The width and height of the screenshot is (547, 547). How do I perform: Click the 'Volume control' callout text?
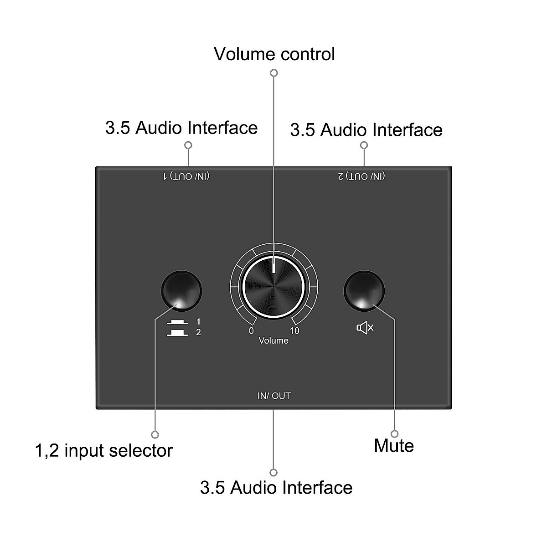pyautogui.click(x=274, y=54)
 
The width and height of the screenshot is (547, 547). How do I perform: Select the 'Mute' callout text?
pyautogui.click(x=394, y=445)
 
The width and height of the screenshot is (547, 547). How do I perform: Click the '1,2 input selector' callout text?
pyautogui.click(x=104, y=450)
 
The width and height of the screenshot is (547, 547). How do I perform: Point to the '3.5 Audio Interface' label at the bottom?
pyautogui.click(x=276, y=487)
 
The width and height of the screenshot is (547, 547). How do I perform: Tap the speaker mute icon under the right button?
pyautogui.click(x=365, y=327)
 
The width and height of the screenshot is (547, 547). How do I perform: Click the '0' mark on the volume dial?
pyautogui.click(x=251, y=330)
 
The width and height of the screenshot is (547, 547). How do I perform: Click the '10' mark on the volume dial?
pyautogui.click(x=294, y=330)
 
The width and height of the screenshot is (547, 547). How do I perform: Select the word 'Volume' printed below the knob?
pyautogui.click(x=273, y=341)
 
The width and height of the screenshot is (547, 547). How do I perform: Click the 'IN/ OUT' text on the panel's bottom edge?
pyautogui.click(x=274, y=396)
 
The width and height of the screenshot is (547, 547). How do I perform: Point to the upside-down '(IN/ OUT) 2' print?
pyautogui.click(x=361, y=176)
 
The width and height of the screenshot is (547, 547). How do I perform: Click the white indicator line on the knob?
pyautogui.click(x=273, y=265)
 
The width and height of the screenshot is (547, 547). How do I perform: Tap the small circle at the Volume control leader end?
pyautogui.click(x=274, y=73)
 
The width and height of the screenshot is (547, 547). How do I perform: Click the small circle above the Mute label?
pyautogui.click(x=394, y=433)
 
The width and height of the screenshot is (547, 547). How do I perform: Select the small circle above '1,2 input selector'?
pyautogui.click(x=155, y=434)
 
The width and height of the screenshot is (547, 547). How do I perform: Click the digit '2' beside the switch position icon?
pyautogui.click(x=198, y=332)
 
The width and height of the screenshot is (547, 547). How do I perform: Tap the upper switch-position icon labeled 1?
pyautogui.click(x=177, y=323)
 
